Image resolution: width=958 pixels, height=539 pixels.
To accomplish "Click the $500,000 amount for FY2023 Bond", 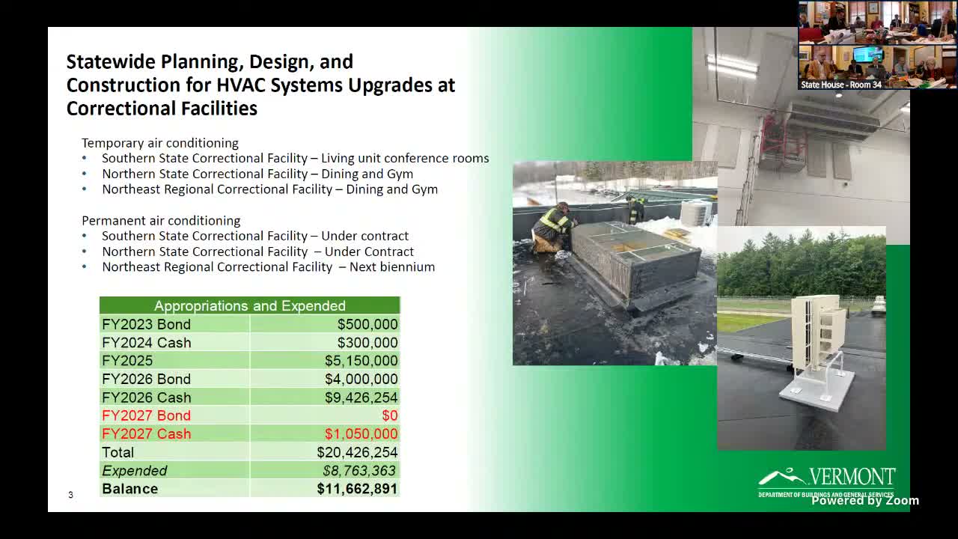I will tap(367, 324).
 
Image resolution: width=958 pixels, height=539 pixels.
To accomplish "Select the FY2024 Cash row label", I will tap(147, 343).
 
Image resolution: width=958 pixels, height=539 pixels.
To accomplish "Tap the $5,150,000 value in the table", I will tap(361, 361).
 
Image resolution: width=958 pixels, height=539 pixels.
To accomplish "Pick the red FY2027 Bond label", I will tap(147, 415).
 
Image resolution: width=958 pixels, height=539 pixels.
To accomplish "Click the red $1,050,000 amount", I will tap(361, 434).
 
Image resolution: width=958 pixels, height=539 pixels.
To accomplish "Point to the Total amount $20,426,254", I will tap(357, 452).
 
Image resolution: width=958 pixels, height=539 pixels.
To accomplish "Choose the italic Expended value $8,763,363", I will tap(359, 471).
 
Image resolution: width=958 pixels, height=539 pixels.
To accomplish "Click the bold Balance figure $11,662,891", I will tap(357, 489).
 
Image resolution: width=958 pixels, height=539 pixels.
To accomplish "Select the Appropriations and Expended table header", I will tap(250, 305).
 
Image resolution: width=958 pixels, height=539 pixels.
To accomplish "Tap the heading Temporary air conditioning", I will tap(160, 143).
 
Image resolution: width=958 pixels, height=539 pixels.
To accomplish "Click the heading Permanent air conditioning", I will tap(161, 221).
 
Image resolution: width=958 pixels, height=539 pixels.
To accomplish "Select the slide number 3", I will tap(70, 495).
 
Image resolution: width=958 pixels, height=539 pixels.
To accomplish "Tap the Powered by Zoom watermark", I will tap(865, 501).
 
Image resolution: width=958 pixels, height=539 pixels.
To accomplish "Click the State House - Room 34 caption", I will tap(841, 85).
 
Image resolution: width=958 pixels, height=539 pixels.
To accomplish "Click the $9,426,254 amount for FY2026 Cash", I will tap(361, 398).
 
